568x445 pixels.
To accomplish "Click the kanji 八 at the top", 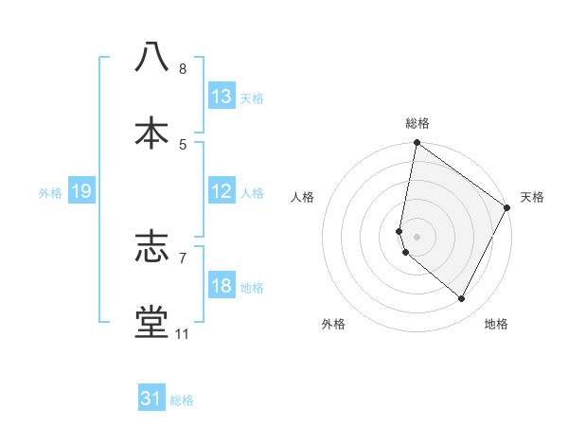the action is point(151,56).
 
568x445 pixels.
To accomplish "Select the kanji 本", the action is point(151,132).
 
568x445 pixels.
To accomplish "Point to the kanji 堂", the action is point(151,322).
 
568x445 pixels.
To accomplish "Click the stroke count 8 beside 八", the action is point(183,69).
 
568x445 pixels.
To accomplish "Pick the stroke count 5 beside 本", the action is point(183,145).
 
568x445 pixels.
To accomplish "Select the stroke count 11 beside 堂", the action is point(183,334).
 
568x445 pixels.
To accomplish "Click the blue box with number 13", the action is point(222,96).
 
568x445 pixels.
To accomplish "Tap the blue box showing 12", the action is point(222,191).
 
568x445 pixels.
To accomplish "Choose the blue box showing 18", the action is point(222,286).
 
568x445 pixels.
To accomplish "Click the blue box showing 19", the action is point(81,191).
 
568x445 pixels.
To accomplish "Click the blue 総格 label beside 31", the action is point(182,400).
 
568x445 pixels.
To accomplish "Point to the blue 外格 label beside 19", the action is point(50,193).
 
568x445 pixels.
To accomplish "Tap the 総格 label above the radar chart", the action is point(417,123).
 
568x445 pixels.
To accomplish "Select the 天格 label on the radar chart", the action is point(532,197).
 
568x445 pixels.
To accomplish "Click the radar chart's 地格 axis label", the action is point(496,324).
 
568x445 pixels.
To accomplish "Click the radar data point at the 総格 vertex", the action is point(417,144).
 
